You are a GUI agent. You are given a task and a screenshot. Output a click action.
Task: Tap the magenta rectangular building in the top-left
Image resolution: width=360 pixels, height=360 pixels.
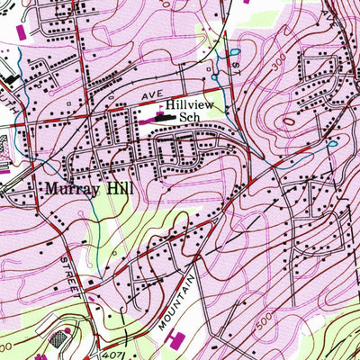21,32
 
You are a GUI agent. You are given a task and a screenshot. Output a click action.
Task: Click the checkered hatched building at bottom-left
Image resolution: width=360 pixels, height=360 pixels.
62,337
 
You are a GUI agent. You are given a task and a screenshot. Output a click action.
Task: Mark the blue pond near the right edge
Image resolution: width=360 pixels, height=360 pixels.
332,143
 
